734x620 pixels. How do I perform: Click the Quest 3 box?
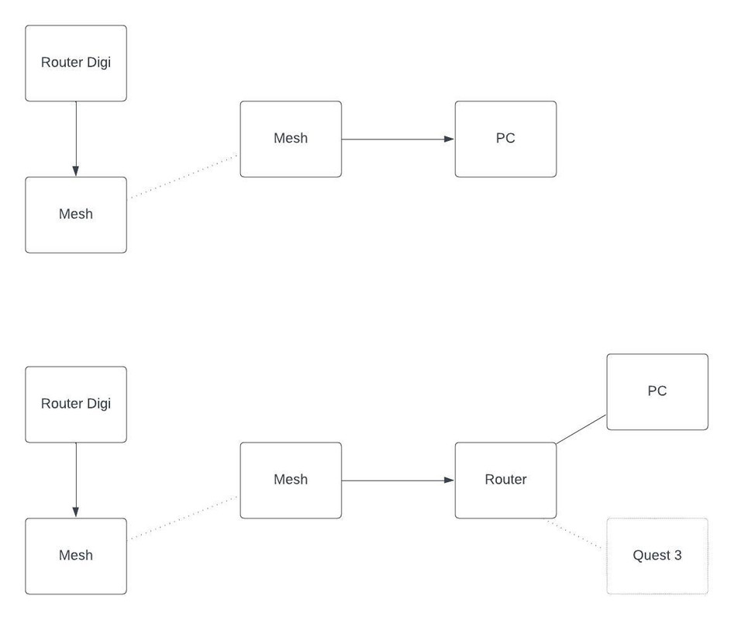pyautogui.click(x=657, y=556)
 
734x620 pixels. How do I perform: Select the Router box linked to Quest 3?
pyautogui.click(x=505, y=480)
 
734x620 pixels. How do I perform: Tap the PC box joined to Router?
pyautogui.click(x=657, y=391)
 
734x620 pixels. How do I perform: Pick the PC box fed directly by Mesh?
pyautogui.click(x=505, y=139)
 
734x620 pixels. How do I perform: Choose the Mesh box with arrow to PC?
pyautogui.click(x=291, y=139)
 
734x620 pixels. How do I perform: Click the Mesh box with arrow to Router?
pyautogui.click(x=291, y=480)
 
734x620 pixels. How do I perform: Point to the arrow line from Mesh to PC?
pyautogui.click(x=395, y=139)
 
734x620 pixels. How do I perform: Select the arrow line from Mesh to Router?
pyautogui.click(x=395, y=480)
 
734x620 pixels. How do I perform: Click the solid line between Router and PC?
pyautogui.click(x=581, y=429)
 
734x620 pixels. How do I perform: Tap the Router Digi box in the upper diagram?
pyautogui.click(x=76, y=63)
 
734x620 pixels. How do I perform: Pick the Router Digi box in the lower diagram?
pyautogui.click(x=76, y=404)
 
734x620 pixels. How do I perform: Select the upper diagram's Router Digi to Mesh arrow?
pyautogui.click(x=76, y=136)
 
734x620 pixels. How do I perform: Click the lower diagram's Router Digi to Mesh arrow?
pyautogui.click(x=76, y=477)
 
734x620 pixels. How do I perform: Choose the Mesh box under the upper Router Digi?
pyautogui.click(x=76, y=215)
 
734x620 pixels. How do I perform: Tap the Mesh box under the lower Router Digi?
pyautogui.click(x=76, y=556)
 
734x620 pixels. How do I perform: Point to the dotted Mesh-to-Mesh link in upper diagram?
pyautogui.click(x=183, y=176)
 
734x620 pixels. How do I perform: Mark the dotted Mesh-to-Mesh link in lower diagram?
pyautogui.click(x=183, y=517)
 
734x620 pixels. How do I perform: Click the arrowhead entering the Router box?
pyautogui.click(x=450, y=480)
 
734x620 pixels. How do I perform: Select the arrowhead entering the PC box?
pyautogui.click(x=450, y=139)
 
